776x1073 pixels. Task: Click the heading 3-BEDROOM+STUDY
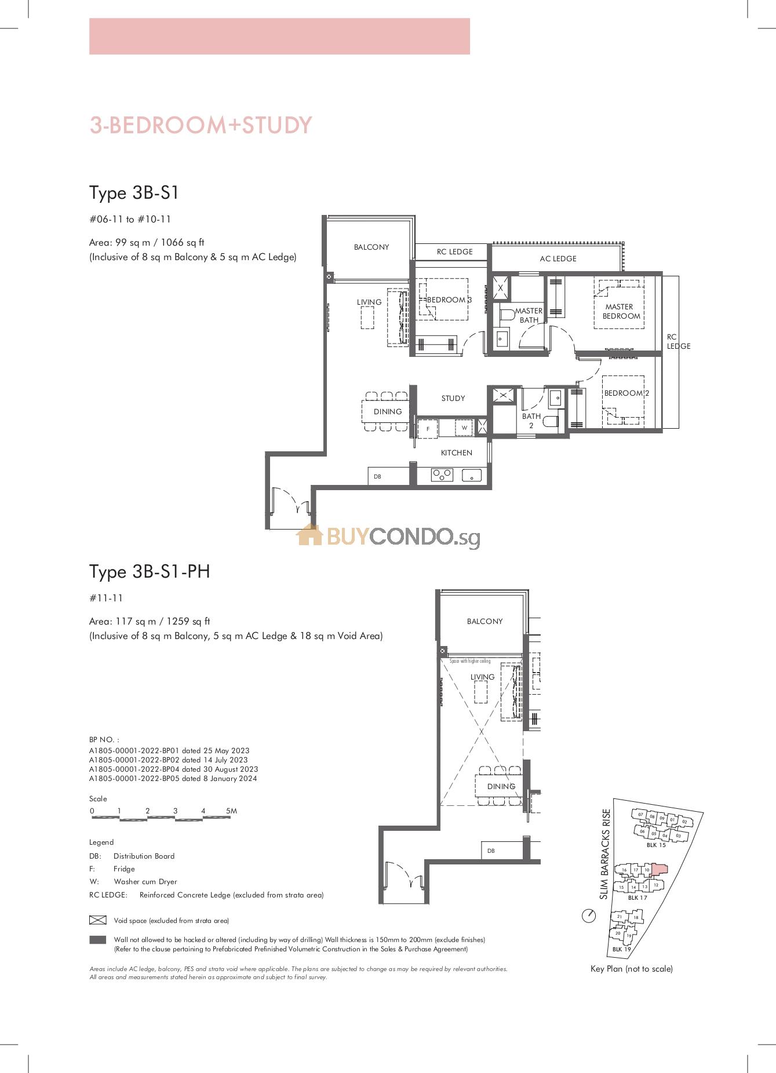pos(201,125)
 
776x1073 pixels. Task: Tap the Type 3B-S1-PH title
pos(150,572)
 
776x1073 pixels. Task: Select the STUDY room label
pos(453,398)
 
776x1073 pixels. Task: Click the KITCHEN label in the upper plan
pos(457,452)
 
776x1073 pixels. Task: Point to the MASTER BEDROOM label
pos(621,311)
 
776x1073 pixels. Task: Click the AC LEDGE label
pos(558,258)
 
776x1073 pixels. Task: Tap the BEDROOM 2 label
pos(626,393)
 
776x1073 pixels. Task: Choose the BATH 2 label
pos(531,421)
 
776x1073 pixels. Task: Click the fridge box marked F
pos(428,429)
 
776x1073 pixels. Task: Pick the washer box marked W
pos(464,428)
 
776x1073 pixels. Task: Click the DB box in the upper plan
pos(389,476)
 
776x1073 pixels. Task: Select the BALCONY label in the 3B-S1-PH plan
pos(485,621)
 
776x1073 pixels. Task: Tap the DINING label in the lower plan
pos(501,786)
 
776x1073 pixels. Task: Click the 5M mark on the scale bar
pos(231,811)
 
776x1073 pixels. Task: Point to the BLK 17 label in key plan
pos(637,897)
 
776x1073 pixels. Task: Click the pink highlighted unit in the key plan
pos(660,868)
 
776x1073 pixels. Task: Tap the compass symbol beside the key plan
pos(589,916)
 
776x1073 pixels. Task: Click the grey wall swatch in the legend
pos(98,940)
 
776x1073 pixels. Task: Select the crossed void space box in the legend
pos(98,920)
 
